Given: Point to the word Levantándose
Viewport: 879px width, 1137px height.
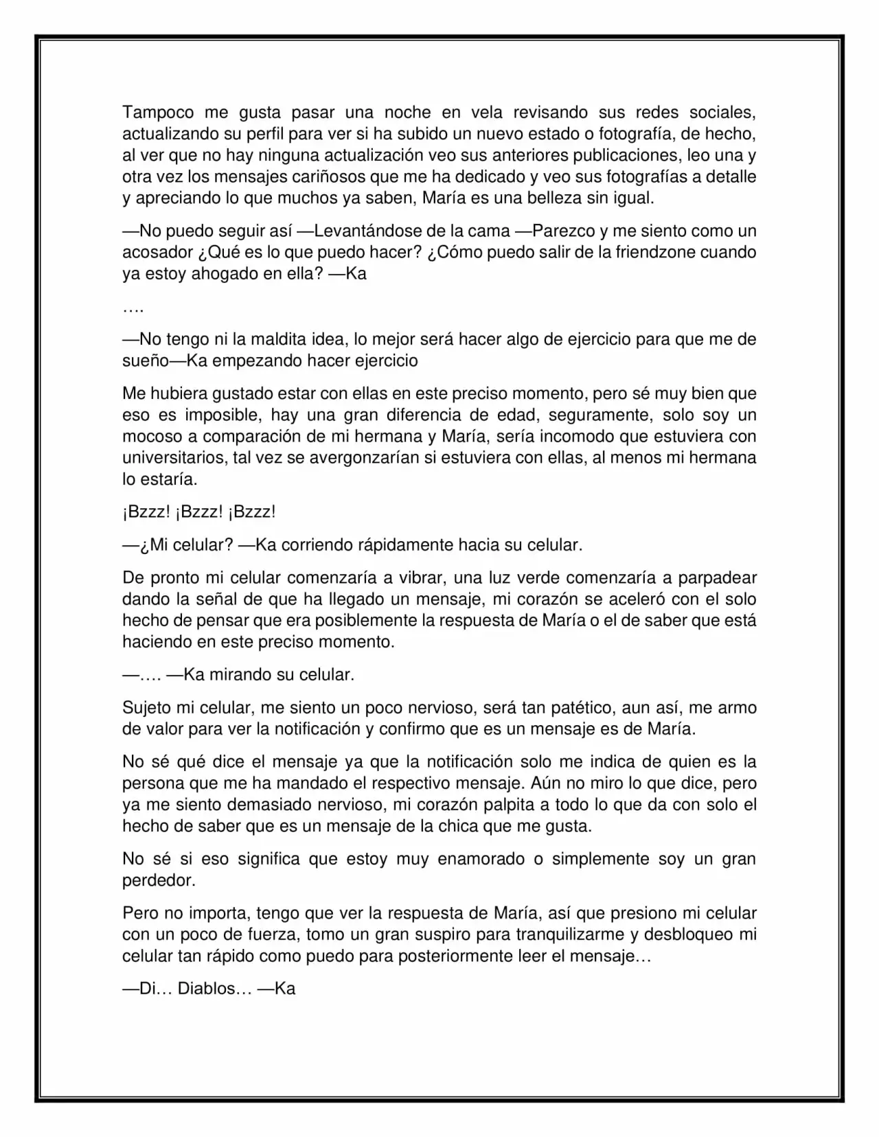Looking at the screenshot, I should click(363, 231).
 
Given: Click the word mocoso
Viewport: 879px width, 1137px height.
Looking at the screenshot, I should click(152, 436).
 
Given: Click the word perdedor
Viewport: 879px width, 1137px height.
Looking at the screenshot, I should click(158, 880).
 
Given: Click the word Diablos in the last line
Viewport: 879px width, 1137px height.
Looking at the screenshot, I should click(207, 989).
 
